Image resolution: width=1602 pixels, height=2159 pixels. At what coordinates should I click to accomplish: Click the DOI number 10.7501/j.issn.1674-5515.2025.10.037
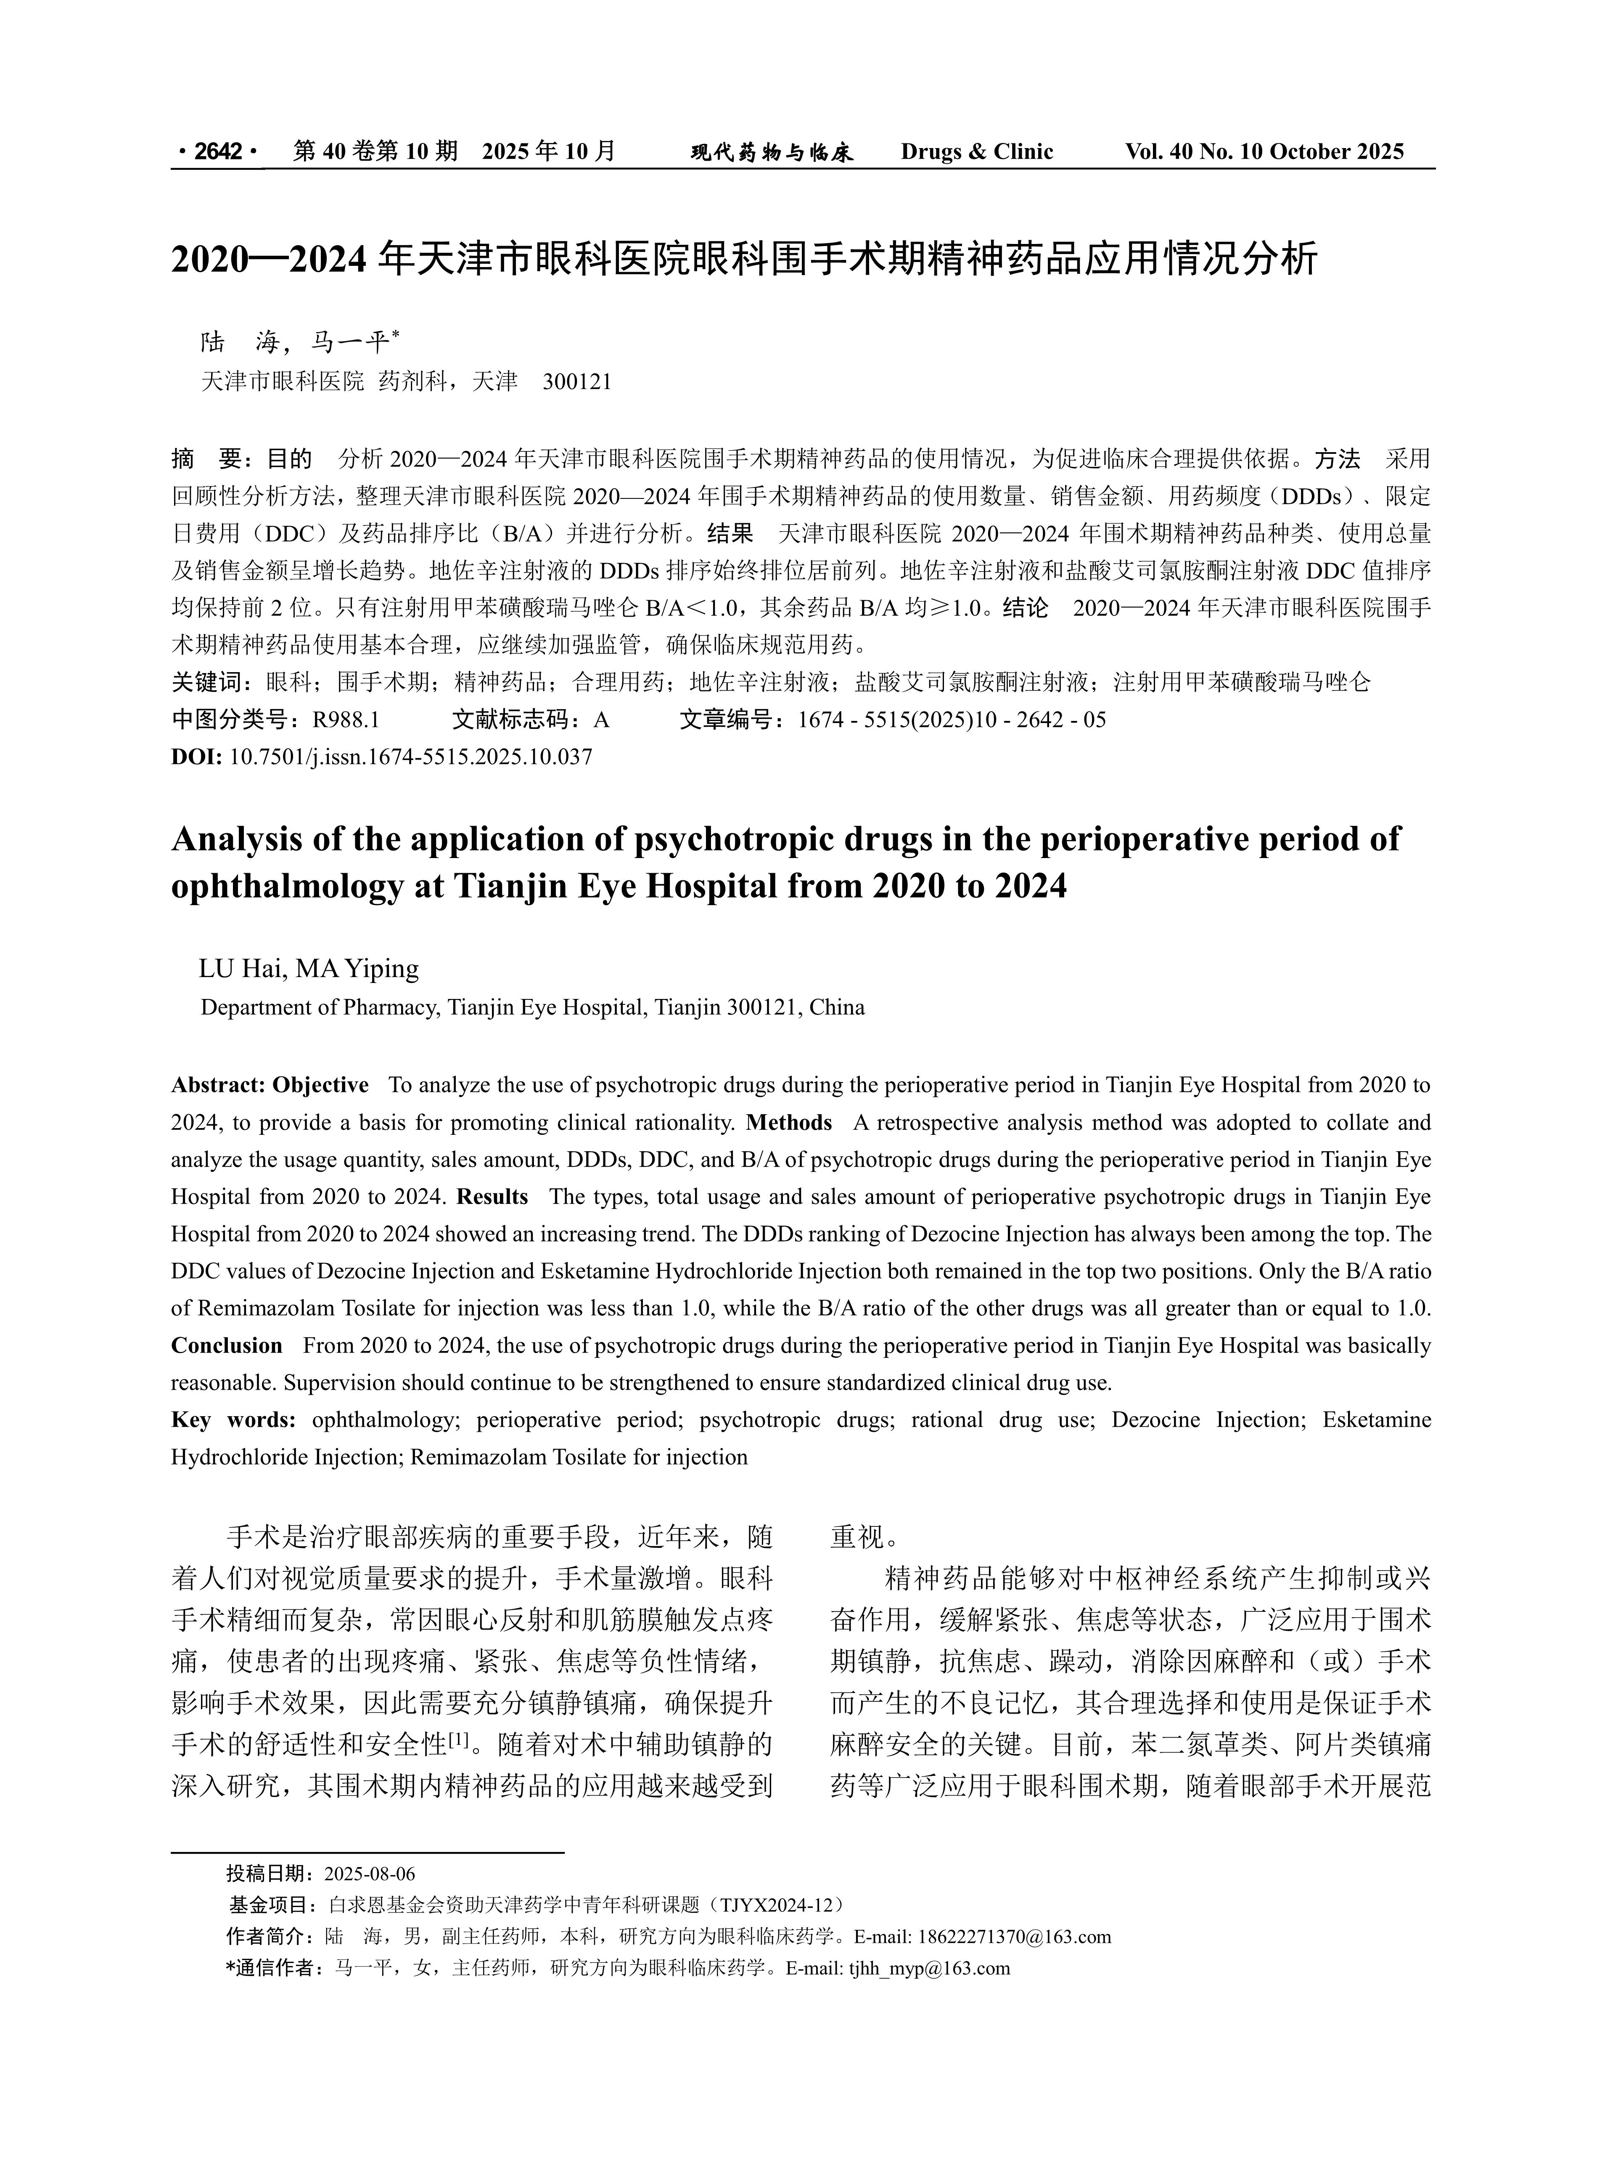click(x=410, y=757)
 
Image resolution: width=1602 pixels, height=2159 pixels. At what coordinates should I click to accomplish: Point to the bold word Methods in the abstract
click(x=788, y=1122)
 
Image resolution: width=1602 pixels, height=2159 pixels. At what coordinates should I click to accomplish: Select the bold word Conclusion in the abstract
click(x=227, y=1345)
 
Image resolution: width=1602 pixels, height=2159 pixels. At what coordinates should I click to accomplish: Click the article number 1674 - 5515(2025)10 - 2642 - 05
click(x=951, y=720)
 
